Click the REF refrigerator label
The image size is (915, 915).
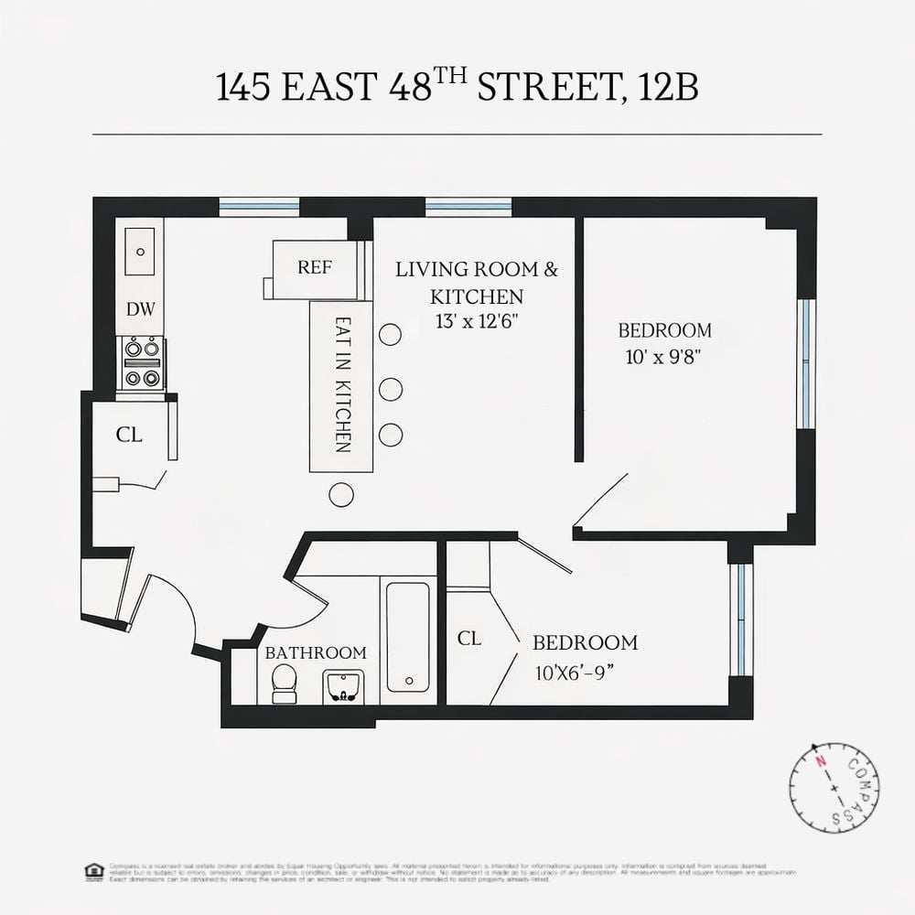[x=315, y=267]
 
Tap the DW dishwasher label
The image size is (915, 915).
[x=140, y=309]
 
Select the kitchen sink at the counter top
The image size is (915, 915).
[x=140, y=251]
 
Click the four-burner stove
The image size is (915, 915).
[x=142, y=362]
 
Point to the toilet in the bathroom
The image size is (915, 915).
[x=285, y=684]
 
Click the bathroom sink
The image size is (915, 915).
[x=343, y=686]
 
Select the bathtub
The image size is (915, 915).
[x=408, y=636]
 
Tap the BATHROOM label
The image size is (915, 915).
[x=315, y=653]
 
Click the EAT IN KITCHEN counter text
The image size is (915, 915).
[x=342, y=385]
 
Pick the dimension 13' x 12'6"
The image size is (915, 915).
[x=476, y=321]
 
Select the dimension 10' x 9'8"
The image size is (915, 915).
[x=664, y=356]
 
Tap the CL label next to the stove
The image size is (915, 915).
[x=129, y=436]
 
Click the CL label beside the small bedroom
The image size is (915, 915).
[x=469, y=639]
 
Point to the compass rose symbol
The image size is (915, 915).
[x=834, y=788]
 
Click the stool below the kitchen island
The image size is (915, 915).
[x=341, y=494]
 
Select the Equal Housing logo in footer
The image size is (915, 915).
[x=92, y=871]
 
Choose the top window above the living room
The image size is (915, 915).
[x=468, y=207]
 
